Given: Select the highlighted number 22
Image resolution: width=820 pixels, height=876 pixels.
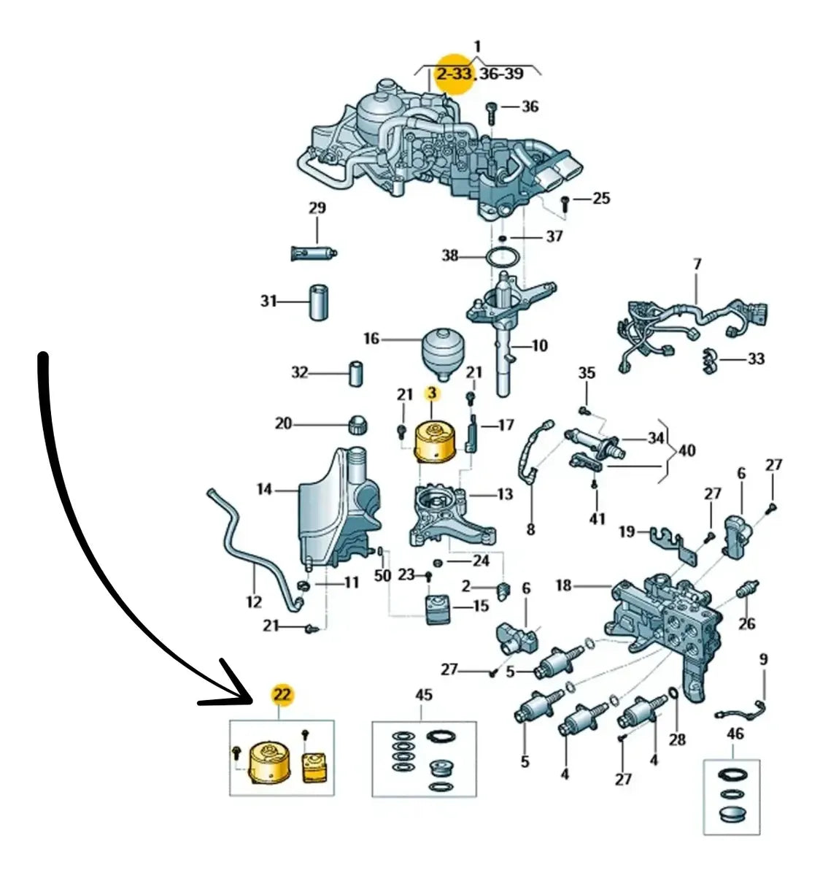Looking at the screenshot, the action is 282,694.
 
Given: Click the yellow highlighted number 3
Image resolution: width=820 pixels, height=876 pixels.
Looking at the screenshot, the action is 432,393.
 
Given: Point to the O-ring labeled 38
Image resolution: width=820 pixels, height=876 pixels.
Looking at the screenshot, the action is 502,257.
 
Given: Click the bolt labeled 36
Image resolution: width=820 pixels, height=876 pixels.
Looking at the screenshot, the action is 492,113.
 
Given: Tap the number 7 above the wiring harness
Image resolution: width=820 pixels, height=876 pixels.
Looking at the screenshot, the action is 697,264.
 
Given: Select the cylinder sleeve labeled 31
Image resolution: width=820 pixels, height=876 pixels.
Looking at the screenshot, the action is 319,303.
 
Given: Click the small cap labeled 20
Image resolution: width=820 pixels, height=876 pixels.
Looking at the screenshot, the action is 358,424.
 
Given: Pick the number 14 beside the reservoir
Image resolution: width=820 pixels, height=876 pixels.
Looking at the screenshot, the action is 265,489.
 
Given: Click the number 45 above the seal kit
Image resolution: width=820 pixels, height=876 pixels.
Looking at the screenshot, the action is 424,695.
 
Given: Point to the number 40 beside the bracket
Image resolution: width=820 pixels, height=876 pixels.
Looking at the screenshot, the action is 687,450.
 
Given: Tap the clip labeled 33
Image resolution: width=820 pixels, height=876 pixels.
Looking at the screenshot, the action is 709,361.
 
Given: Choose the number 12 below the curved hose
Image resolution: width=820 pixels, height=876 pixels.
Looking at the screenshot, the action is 253,602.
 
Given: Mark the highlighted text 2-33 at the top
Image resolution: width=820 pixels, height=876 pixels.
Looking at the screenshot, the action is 454,74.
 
